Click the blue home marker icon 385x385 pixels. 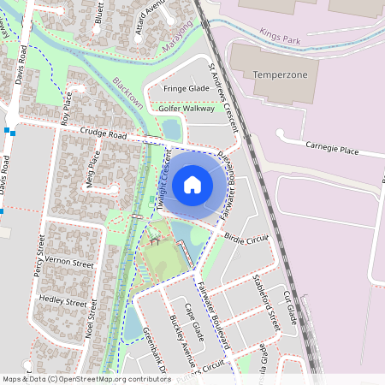pyautogui.click(x=192, y=184)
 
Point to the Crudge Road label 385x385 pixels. pyautogui.click(x=104, y=133)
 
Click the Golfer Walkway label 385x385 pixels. pyautogui.click(x=187, y=109)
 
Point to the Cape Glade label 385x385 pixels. pyautogui.click(x=195, y=321)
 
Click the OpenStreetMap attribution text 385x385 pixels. pyautogui.click(x=74, y=378)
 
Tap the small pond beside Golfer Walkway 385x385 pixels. pyautogui.click(x=171, y=129)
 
